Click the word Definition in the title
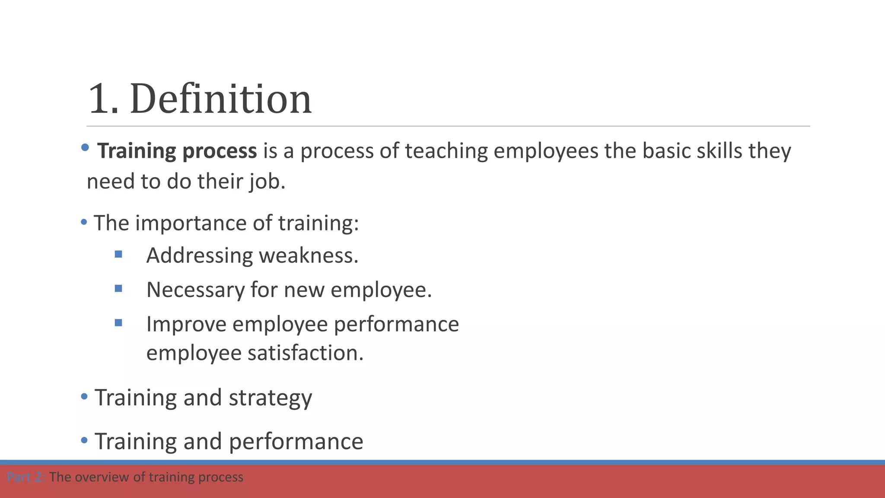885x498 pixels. [x=220, y=99]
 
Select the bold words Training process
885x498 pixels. [x=177, y=151]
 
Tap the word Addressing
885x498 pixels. [x=200, y=255]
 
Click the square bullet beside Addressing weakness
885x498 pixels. [x=118, y=254]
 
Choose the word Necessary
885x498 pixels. [x=195, y=290]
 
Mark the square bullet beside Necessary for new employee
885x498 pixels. [x=118, y=288]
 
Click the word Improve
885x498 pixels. [x=186, y=324]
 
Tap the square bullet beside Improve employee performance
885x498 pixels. [x=118, y=322]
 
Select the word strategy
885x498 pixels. [x=270, y=398]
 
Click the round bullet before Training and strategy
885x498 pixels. [x=84, y=396]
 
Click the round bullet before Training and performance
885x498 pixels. [x=84, y=441]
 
